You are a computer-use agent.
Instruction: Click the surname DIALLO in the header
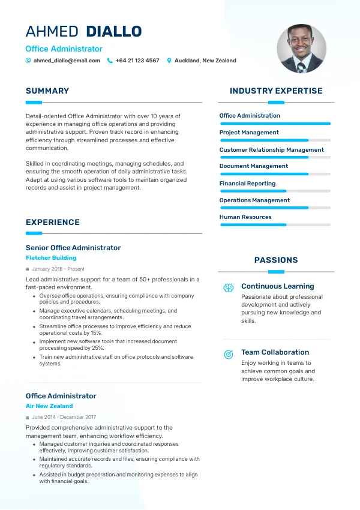[x=114, y=31]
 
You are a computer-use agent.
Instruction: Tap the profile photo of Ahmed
[x=301, y=49]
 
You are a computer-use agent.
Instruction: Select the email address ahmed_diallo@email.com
[x=67, y=61]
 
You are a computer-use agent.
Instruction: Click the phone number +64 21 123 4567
[x=137, y=61]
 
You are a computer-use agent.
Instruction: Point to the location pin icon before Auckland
[x=169, y=61]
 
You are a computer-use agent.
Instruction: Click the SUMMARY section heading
[x=47, y=91]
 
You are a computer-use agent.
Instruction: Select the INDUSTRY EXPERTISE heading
[x=276, y=91]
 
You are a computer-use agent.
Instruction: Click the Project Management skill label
[x=249, y=133]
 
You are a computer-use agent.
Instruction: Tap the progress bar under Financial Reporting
[x=275, y=191]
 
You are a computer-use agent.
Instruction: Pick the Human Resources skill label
[x=245, y=217]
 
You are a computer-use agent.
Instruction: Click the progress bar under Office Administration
[x=275, y=123]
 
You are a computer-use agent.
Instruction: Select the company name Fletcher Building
[x=51, y=258]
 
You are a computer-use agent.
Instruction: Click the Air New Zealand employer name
[x=49, y=406]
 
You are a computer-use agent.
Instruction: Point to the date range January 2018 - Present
[x=58, y=269]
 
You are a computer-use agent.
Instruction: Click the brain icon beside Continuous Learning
[x=228, y=288]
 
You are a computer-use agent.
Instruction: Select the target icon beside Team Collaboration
[x=228, y=354]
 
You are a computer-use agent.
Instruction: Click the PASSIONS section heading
[x=276, y=260]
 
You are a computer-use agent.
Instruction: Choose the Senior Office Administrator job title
[x=73, y=248]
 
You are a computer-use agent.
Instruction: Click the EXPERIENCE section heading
[x=53, y=223]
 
